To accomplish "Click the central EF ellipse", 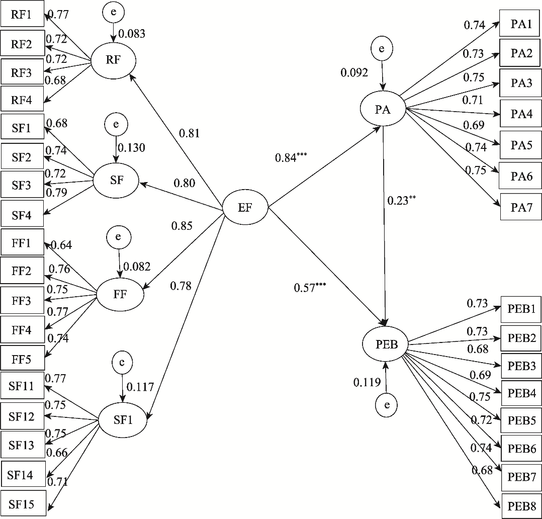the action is pos(245,208).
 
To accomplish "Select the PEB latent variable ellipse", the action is pos(385,344).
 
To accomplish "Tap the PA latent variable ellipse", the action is pos(383,109).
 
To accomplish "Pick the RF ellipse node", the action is pos(114,60).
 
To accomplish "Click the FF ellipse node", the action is pos(120,295).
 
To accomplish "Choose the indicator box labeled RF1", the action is pos(22,14).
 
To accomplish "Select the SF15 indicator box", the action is pos(23,503).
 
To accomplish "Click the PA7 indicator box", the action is pos(521,207).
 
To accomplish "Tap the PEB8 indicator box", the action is pos(521,506).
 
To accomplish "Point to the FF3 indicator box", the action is pos(22,300).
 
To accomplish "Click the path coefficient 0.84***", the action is pos(291,157).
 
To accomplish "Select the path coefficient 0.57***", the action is pos(310,287).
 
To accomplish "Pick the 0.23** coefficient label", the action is pos(401,200).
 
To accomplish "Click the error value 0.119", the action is pos(367,382).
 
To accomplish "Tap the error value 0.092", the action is pos(354,72).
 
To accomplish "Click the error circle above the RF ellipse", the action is pos(114,12).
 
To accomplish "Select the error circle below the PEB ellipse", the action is pos(387,405).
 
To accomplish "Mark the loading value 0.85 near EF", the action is pos(182,226).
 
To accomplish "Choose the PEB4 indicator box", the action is pos(521,393).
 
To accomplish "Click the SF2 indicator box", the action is pos(22,156).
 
